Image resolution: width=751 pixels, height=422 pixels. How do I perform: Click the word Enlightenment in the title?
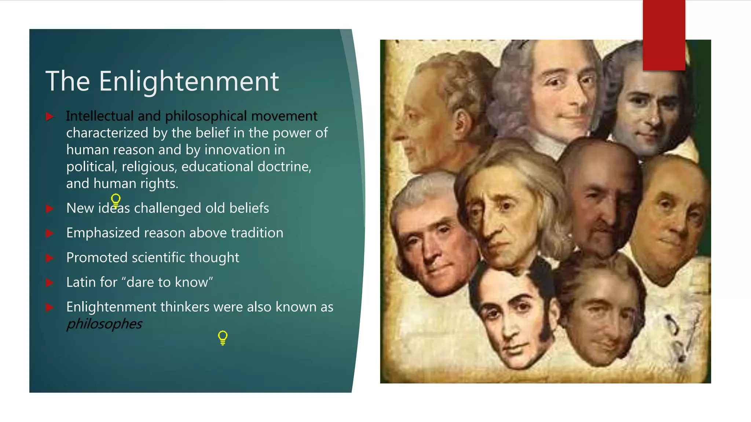(188, 81)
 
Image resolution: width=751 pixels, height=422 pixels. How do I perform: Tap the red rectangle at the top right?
(664, 35)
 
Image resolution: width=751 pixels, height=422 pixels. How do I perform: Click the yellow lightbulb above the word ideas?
(116, 200)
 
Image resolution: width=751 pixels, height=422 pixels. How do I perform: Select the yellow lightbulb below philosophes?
(223, 337)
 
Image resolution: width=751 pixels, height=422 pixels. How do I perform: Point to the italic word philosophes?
(104, 324)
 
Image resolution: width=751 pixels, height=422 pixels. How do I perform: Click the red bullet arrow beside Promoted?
(50, 258)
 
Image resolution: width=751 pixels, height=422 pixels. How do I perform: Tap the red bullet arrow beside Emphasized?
(50, 233)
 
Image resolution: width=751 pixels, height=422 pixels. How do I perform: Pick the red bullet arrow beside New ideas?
(50, 209)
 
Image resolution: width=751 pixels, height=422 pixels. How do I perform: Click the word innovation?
(237, 150)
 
